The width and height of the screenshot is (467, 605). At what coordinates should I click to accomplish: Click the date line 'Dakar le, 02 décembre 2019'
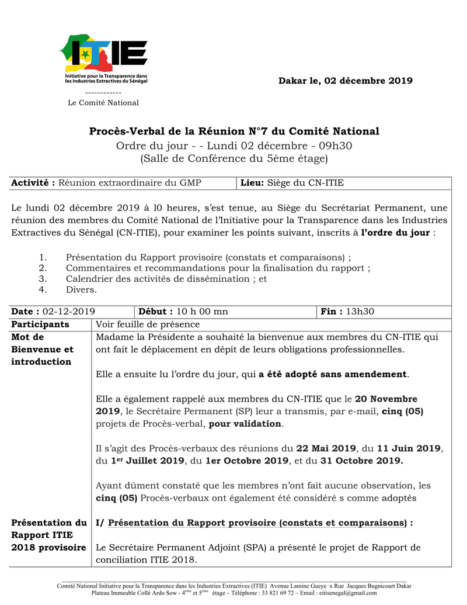345,81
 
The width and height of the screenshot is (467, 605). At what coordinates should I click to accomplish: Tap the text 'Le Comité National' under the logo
103,103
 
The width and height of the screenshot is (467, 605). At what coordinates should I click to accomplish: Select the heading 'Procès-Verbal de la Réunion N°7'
233,131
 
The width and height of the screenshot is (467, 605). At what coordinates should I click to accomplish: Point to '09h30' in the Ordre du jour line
335,145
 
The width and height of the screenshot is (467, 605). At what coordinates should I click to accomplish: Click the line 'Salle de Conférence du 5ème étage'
233,158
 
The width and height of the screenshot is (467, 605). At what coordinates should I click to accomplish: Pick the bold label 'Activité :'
33,183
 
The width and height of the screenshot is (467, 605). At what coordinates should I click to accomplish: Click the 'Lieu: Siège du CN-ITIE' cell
292,183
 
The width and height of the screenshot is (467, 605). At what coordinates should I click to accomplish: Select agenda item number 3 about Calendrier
166,279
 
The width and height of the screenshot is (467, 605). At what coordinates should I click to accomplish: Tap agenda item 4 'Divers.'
81,289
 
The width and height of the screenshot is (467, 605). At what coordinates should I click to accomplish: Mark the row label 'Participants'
40,324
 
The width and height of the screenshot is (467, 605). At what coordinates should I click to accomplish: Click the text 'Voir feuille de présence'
148,324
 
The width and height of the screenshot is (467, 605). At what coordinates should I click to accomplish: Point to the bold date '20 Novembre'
386,399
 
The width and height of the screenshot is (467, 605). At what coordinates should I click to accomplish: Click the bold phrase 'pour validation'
245,423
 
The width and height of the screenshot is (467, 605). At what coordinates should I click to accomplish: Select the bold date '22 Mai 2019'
326,448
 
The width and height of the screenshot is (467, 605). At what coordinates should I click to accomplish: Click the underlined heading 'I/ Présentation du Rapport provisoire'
251,522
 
